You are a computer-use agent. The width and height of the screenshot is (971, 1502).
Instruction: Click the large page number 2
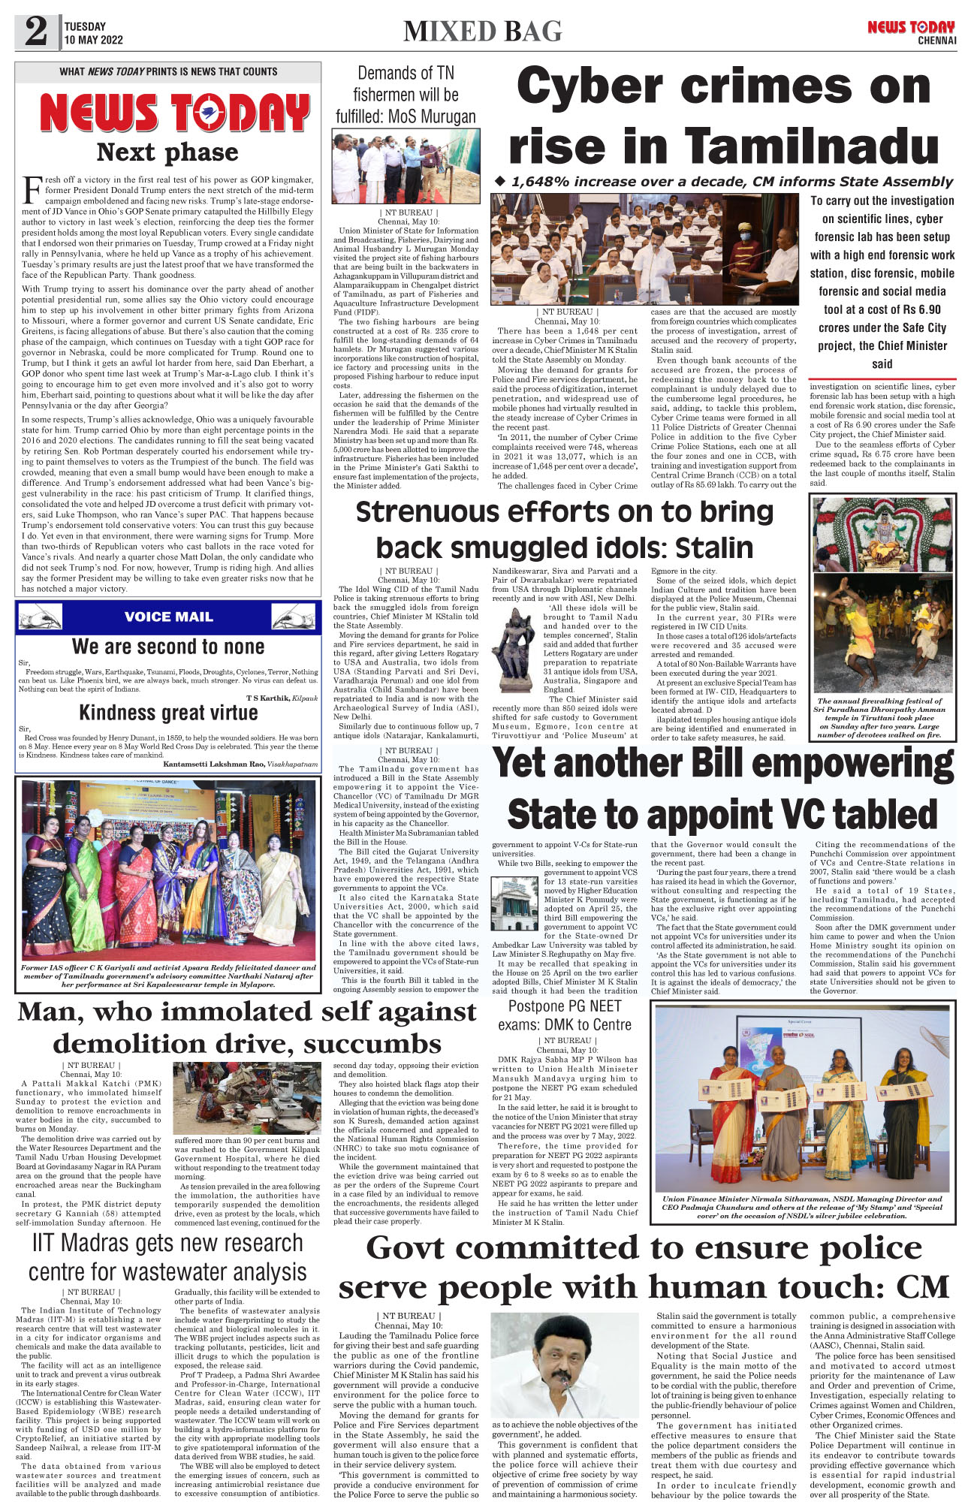coord(36,32)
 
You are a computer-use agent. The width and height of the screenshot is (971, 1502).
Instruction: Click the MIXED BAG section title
coord(482,32)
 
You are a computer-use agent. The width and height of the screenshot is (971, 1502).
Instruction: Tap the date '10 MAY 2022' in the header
coord(93,40)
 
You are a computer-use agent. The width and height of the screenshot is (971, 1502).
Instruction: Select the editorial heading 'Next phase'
coord(167,152)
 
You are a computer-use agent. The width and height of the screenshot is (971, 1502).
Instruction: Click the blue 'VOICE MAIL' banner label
coord(168,617)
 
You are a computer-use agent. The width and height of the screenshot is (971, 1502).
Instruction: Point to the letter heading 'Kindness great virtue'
coord(168,712)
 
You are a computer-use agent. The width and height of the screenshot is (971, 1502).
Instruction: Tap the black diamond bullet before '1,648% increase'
coord(501,181)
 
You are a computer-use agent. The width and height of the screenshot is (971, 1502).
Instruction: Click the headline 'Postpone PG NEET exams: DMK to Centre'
coord(565,1015)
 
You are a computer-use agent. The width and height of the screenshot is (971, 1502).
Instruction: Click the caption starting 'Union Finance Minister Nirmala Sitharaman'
coord(801,1208)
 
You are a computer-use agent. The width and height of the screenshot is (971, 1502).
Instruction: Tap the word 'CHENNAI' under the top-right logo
coord(936,41)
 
